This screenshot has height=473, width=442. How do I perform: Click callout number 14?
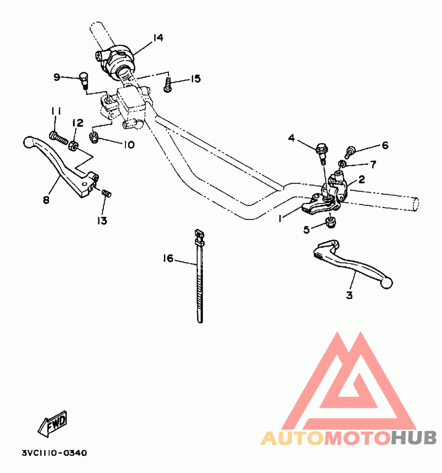click(x=158, y=38)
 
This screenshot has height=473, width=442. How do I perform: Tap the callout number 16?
click(x=168, y=258)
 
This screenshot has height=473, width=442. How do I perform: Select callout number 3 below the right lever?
click(x=349, y=295)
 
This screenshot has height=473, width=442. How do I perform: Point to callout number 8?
click(x=46, y=199)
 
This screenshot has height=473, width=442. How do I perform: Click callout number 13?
click(x=102, y=221)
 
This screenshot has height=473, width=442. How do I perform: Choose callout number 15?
click(x=196, y=78)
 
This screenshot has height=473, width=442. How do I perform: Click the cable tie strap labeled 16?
click(x=199, y=276)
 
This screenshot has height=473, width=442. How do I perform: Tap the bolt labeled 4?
click(x=322, y=153)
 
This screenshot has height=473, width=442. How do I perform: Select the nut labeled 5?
click(x=331, y=222)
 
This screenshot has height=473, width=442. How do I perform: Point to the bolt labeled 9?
click(x=83, y=80)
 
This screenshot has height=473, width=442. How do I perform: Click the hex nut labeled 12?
click(x=73, y=146)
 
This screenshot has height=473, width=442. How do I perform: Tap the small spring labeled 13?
click(x=107, y=193)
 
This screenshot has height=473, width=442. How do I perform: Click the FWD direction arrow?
click(x=52, y=423)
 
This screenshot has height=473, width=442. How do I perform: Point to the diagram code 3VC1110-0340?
click(x=54, y=453)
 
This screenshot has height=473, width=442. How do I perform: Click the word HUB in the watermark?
click(x=414, y=438)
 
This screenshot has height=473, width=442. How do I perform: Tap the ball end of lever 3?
click(x=386, y=283)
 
